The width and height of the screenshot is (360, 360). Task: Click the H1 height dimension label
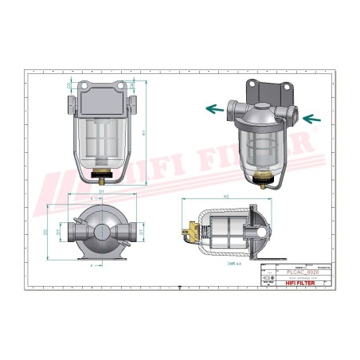tap(143, 133)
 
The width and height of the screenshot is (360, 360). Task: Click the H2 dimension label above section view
tap(226, 196)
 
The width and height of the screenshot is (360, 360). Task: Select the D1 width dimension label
tap(101, 192)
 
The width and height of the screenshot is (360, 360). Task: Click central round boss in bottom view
tap(101, 232)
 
